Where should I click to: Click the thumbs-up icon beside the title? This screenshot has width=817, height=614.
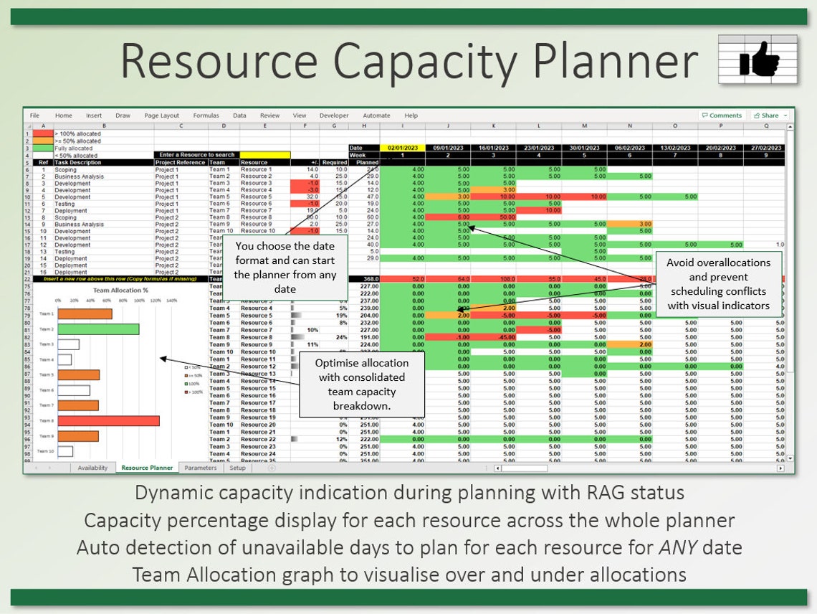point(758,60)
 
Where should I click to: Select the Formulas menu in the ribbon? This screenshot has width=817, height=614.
point(206,115)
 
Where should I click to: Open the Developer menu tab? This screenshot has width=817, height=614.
point(334,115)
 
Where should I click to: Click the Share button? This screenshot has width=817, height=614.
point(770,115)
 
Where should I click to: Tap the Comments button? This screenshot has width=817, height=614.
point(722,115)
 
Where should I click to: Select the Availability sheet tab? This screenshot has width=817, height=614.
point(93,468)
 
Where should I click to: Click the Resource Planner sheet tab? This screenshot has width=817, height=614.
point(147,468)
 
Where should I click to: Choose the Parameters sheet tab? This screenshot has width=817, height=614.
point(200,468)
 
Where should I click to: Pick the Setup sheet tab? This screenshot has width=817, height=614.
point(237,468)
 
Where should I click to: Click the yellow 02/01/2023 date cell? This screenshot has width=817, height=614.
point(402,148)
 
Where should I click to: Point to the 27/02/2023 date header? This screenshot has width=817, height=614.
point(766,148)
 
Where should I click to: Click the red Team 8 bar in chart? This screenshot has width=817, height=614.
point(108,421)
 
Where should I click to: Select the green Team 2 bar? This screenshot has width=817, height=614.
point(98,329)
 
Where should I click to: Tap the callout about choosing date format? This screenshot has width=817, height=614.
point(285,268)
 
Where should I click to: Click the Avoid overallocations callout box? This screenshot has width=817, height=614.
point(718,284)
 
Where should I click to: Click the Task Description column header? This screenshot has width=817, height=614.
point(78,162)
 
